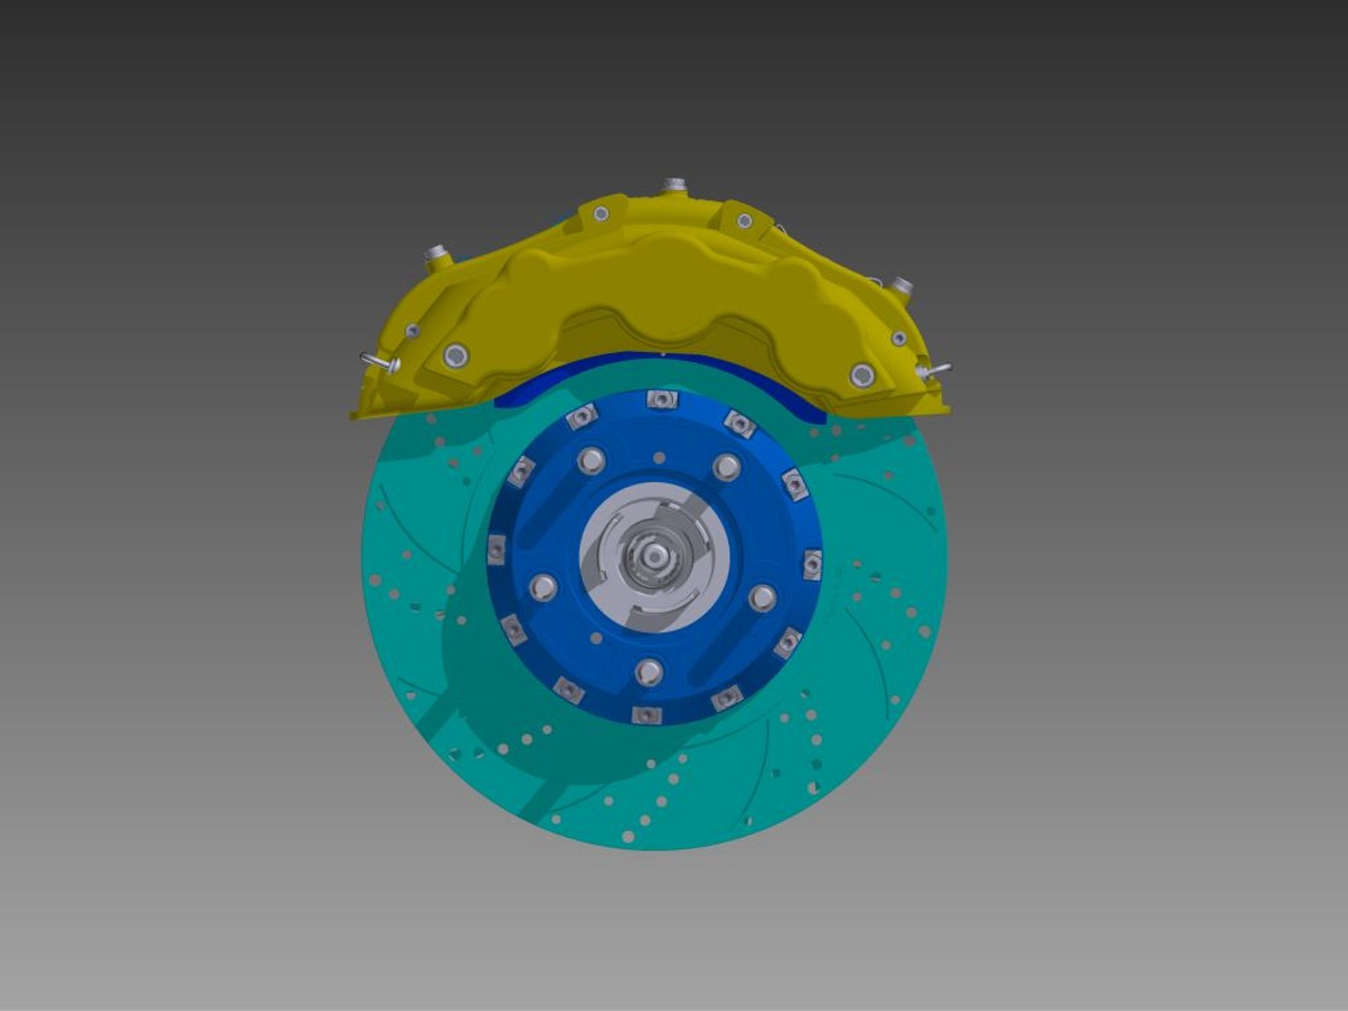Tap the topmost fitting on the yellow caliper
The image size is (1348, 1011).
pyautogui.click(x=673, y=185)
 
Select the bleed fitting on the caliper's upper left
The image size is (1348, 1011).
pyautogui.click(x=434, y=255)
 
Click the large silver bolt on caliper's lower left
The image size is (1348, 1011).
pyautogui.click(x=456, y=355)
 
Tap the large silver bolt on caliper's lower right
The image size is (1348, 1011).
pyautogui.click(x=862, y=376)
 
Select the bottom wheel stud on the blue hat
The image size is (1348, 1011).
pyautogui.click(x=649, y=672)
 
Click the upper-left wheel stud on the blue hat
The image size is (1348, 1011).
pyautogui.click(x=591, y=460)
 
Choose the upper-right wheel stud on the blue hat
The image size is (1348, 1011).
pyautogui.click(x=726, y=466)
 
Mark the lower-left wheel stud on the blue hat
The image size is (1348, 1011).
pyautogui.click(x=543, y=588)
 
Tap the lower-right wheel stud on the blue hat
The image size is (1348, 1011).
pyautogui.click(x=762, y=597)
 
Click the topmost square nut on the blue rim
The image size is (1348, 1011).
pyautogui.click(x=661, y=400)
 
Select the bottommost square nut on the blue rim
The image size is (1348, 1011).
pyautogui.click(x=647, y=716)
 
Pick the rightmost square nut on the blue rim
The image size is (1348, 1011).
pyautogui.click(x=812, y=564)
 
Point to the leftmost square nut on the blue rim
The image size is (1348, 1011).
pyautogui.click(x=496, y=549)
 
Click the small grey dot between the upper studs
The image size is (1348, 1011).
pyautogui.click(x=659, y=458)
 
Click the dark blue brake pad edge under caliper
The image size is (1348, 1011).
pyautogui.click(x=524, y=393)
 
